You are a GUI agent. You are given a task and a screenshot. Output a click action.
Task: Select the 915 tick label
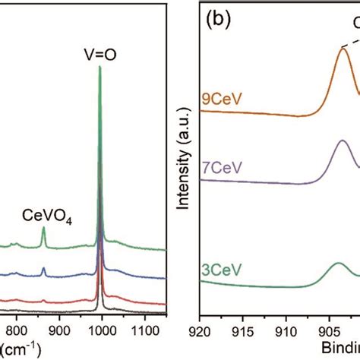(244, 331)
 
